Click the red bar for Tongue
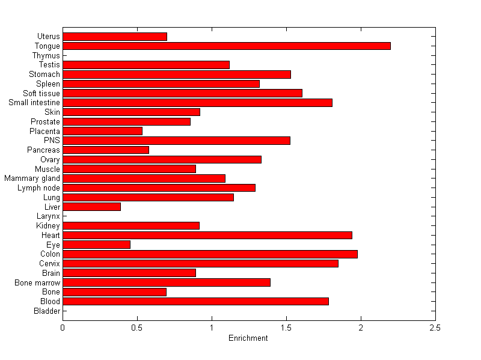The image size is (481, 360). (x=227, y=46)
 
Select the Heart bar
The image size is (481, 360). (x=207, y=235)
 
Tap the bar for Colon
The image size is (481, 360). (x=210, y=254)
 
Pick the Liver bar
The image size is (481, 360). (x=91, y=207)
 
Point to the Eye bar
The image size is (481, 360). (x=96, y=245)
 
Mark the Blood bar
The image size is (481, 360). (x=195, y=301)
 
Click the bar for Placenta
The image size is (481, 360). (x=102, y=131)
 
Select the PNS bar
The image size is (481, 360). (x=176, y=141)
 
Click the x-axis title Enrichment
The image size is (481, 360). (x=248, y=338)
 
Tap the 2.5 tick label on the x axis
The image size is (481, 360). (x=435, y=328)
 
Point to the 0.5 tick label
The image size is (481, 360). (x=137, y=328)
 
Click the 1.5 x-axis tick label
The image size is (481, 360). (x=286, y=328)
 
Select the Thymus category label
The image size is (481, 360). (x=46, y=55)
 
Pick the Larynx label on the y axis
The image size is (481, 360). (x=48, y=216)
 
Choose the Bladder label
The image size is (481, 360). (x=47, y=311)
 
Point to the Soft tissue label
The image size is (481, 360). (x=41, y=93)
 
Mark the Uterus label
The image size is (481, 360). (x=48, y=37)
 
